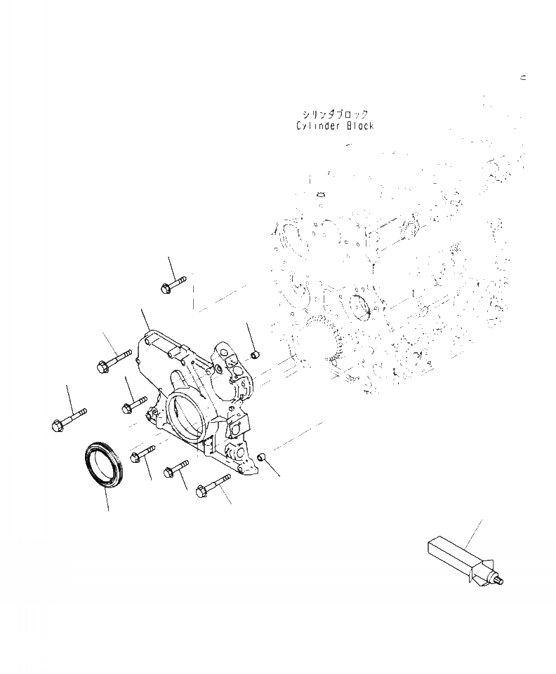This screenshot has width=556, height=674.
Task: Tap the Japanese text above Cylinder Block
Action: pos(335,114)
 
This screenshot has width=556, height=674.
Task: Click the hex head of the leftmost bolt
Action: pos(58,426)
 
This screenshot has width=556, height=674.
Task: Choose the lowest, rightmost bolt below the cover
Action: pos(213,486)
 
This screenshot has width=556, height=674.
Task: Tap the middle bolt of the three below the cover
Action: pos(176,469)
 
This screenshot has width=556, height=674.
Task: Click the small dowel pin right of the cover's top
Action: pos(254,354)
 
